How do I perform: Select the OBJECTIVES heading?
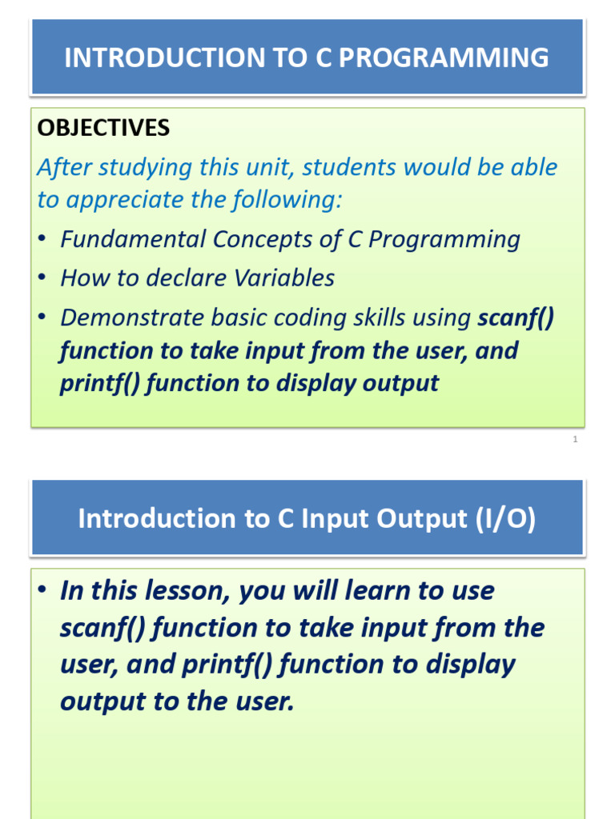click(103, 128)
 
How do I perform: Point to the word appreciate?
click(127, 200)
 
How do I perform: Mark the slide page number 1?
click(575, 439)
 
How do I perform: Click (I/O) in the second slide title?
click(505, 518)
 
